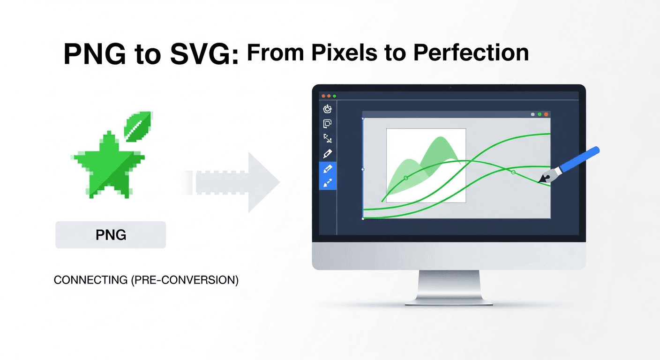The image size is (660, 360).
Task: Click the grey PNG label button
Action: (x=111, y=234)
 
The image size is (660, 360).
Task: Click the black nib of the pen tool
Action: (x=545, y=178)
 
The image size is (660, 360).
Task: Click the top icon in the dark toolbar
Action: (x=328, y=109)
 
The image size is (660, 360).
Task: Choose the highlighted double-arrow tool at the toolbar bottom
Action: (x=328, y=183)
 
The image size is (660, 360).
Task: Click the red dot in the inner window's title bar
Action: (x=546, y=114)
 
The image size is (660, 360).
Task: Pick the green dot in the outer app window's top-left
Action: (x=335, y=96)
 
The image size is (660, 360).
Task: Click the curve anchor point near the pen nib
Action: (x=513, y=173)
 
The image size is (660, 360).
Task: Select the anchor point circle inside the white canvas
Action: (x=406, y=178)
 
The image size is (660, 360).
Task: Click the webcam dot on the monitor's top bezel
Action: (x=449, y=88)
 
